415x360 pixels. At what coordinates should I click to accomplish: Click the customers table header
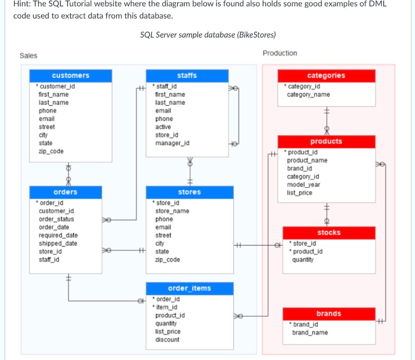[71, 76]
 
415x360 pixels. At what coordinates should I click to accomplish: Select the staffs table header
[187, 76]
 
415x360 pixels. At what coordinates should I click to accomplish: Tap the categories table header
[326, 76]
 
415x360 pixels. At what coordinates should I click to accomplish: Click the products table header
[326, 142]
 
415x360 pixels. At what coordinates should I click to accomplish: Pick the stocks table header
[329, 233]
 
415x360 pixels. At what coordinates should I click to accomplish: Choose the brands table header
[329, 314]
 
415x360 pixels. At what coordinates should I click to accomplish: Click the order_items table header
[189, 288]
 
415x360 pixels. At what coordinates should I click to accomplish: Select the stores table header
[189, 192]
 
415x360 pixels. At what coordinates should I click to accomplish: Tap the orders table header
[65, 192]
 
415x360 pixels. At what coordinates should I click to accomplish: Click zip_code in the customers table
[51, 151]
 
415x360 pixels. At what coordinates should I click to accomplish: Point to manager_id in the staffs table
[172, 143]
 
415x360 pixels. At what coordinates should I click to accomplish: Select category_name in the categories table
[308, 95]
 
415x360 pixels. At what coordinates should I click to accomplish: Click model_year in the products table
[304, 185]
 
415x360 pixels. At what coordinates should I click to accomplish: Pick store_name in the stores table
[172, 211]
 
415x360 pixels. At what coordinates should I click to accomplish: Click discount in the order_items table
[167, 340]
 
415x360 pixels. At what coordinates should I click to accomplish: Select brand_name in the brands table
[310, 333]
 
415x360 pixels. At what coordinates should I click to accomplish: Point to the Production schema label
[280, 53]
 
